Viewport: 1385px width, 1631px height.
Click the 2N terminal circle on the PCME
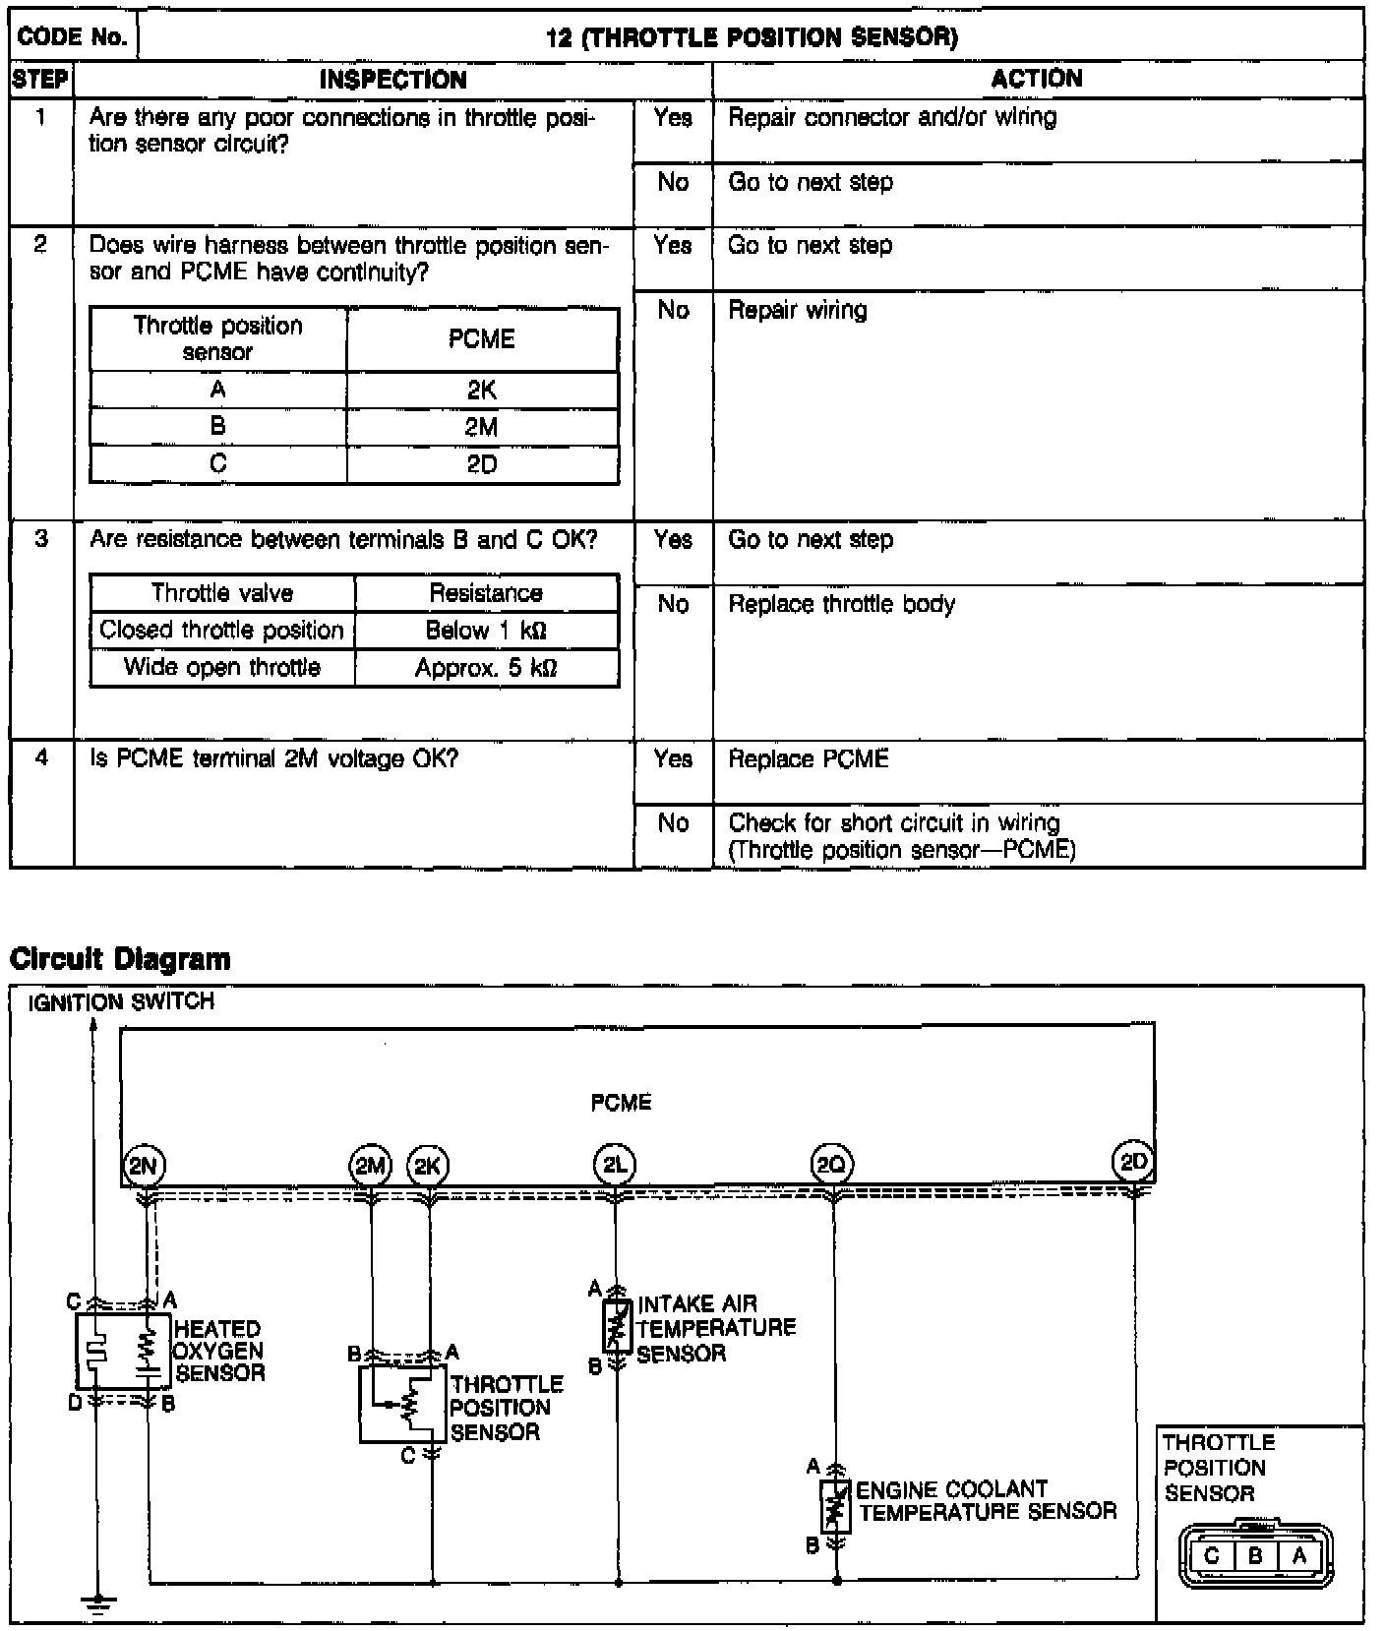(x=144, y=1166)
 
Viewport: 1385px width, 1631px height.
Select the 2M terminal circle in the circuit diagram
(x=370, y=1166)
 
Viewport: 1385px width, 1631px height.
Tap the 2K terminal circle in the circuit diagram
(x=427, y=1166)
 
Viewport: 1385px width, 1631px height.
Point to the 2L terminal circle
(x=615, y=1166)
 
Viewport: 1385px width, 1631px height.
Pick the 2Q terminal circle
(x=832, y=1166)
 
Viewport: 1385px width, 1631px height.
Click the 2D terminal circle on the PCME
(x=1133, y=1162)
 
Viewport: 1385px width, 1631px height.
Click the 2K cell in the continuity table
(x=482, y=391)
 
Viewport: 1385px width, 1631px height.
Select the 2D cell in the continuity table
(x=482, y=464)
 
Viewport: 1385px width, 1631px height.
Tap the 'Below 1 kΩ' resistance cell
(x=486, y=631)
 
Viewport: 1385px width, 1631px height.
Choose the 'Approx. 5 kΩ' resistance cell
(x=486, y=668)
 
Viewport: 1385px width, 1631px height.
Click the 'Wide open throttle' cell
(x=222, y=668)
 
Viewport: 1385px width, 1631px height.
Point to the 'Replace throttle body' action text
(x=841, y=604)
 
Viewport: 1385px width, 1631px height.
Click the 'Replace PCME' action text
(x=808, y=759)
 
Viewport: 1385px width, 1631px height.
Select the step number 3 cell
(x=41, y=539)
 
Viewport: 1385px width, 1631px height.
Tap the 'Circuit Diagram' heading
(x=120, y=959)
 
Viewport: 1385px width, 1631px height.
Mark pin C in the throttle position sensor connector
(x=1211, y=1556)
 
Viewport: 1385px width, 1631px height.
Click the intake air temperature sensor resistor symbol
(x=617, y=1326)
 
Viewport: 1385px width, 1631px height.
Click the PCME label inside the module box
(x=621, y=1103)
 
